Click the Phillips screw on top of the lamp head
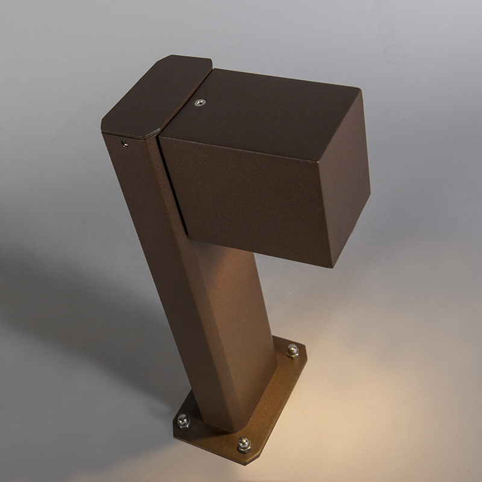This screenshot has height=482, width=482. [199, 103]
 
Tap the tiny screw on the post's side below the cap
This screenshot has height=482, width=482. [124, 143]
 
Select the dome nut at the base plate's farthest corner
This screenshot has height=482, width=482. [292, 349]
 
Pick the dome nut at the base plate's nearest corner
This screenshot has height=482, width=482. [243, 445]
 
